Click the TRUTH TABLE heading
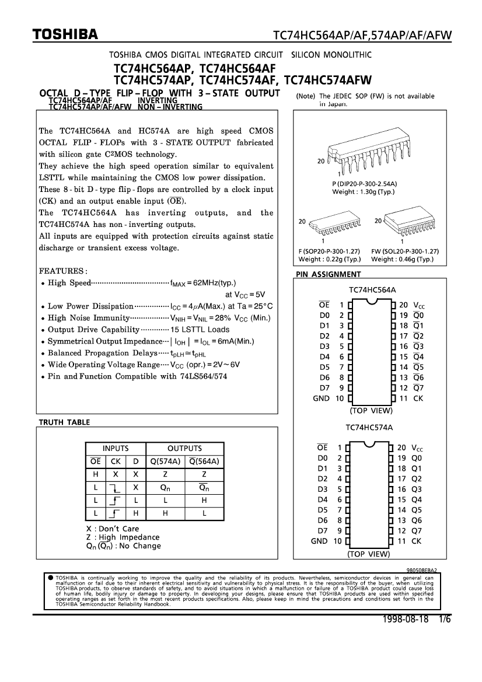64,421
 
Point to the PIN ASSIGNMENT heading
329,274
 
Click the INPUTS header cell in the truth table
116,449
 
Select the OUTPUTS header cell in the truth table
184,449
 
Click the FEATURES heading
62,271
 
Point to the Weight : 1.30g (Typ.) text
363,192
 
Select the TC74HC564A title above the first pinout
372,290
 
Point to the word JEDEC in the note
345,96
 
